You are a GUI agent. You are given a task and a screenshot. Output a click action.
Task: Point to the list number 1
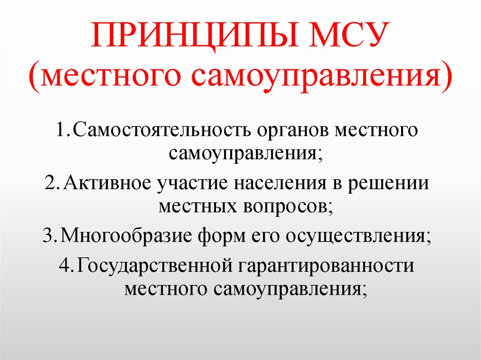(x=62, y=130)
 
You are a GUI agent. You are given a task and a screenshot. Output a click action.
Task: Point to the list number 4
(x=64, y=266)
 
